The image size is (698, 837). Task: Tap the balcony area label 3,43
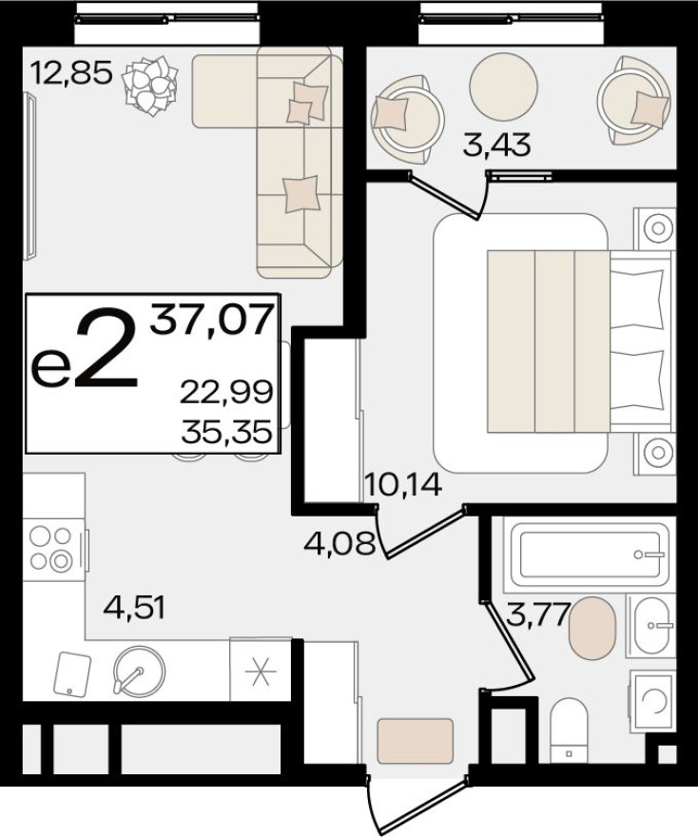(x=495, y=146)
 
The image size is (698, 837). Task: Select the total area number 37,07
(x=214, y=321)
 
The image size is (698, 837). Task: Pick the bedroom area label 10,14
(x=402, y=486)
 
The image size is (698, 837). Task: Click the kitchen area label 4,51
(x=133, y=606)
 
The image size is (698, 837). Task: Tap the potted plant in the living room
(x=150, y=86)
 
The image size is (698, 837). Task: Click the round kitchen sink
(x=137, y=672)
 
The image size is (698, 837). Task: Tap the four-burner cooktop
(x=51, y=549)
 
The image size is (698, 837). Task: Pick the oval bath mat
(x=592, y=628)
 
